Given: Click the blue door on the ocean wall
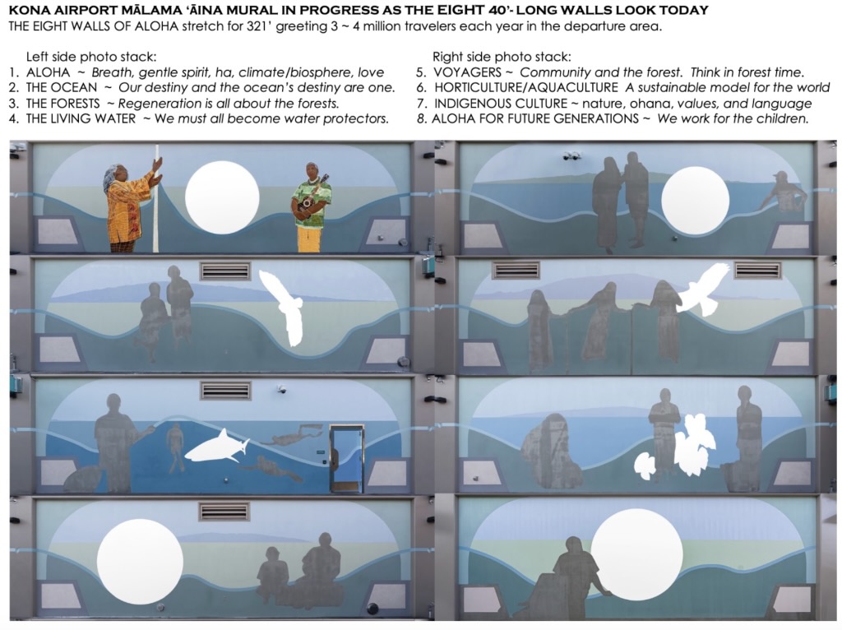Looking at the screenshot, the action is click(x=347, y=457).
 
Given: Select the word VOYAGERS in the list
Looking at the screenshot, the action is click(x=467, y=72).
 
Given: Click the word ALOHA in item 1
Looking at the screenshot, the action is click(x=48, y=72).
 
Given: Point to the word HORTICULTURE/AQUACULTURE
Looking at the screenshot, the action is click(x=525, y=87).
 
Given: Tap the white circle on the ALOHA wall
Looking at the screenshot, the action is click(x=222, y=197).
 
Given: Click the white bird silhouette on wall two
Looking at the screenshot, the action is click(x=284, y=307).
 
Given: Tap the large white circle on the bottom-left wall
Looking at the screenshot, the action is click(x=140, y=559).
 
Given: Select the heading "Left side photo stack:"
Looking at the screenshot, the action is click(x=91, y=57).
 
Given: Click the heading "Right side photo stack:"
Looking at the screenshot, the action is click(x=502, y=57).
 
